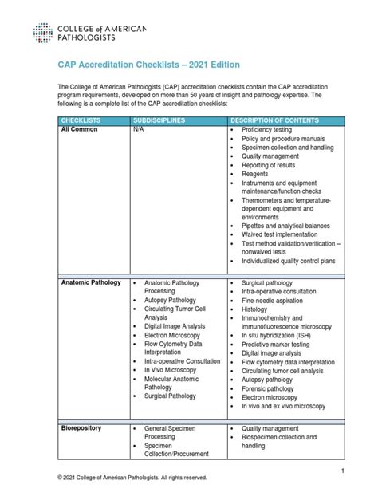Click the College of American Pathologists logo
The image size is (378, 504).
point(89,33)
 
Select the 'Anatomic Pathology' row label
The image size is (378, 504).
point(91,282)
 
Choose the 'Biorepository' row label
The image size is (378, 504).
point(81,428)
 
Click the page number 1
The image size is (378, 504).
point(342,472)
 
